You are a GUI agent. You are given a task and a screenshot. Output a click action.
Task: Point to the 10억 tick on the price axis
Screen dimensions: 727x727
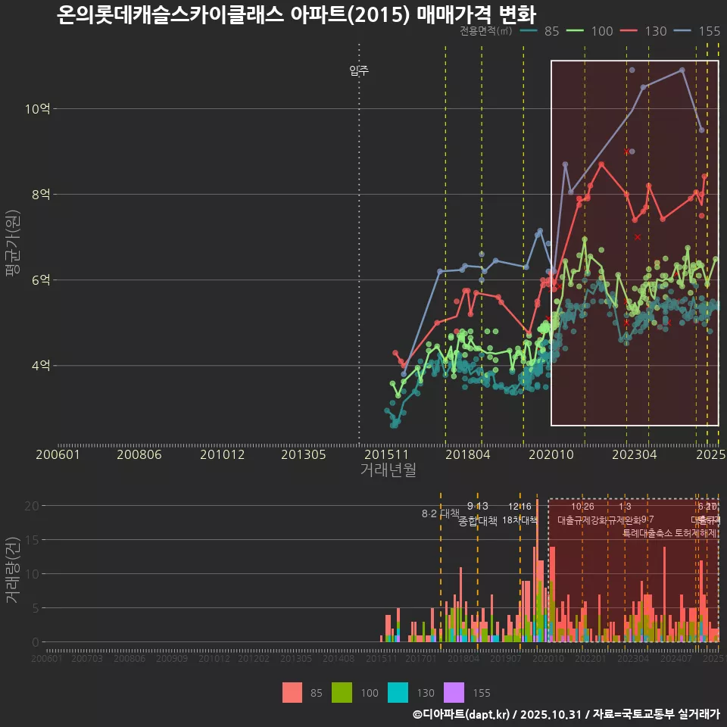click(37, 109)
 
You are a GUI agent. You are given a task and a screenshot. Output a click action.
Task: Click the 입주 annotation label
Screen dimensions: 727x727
click(359, 71)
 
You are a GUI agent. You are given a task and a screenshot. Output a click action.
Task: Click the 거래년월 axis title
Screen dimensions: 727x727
click(388, 470)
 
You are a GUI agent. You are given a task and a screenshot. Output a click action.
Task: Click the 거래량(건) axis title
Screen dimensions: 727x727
click(13, 570)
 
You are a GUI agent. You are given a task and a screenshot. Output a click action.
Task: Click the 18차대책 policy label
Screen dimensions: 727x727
click(520, 520)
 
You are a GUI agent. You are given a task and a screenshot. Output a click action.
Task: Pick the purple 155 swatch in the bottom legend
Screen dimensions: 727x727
click(453, 692)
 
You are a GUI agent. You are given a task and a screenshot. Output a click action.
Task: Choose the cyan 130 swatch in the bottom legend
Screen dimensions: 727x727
click(398, 692)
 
